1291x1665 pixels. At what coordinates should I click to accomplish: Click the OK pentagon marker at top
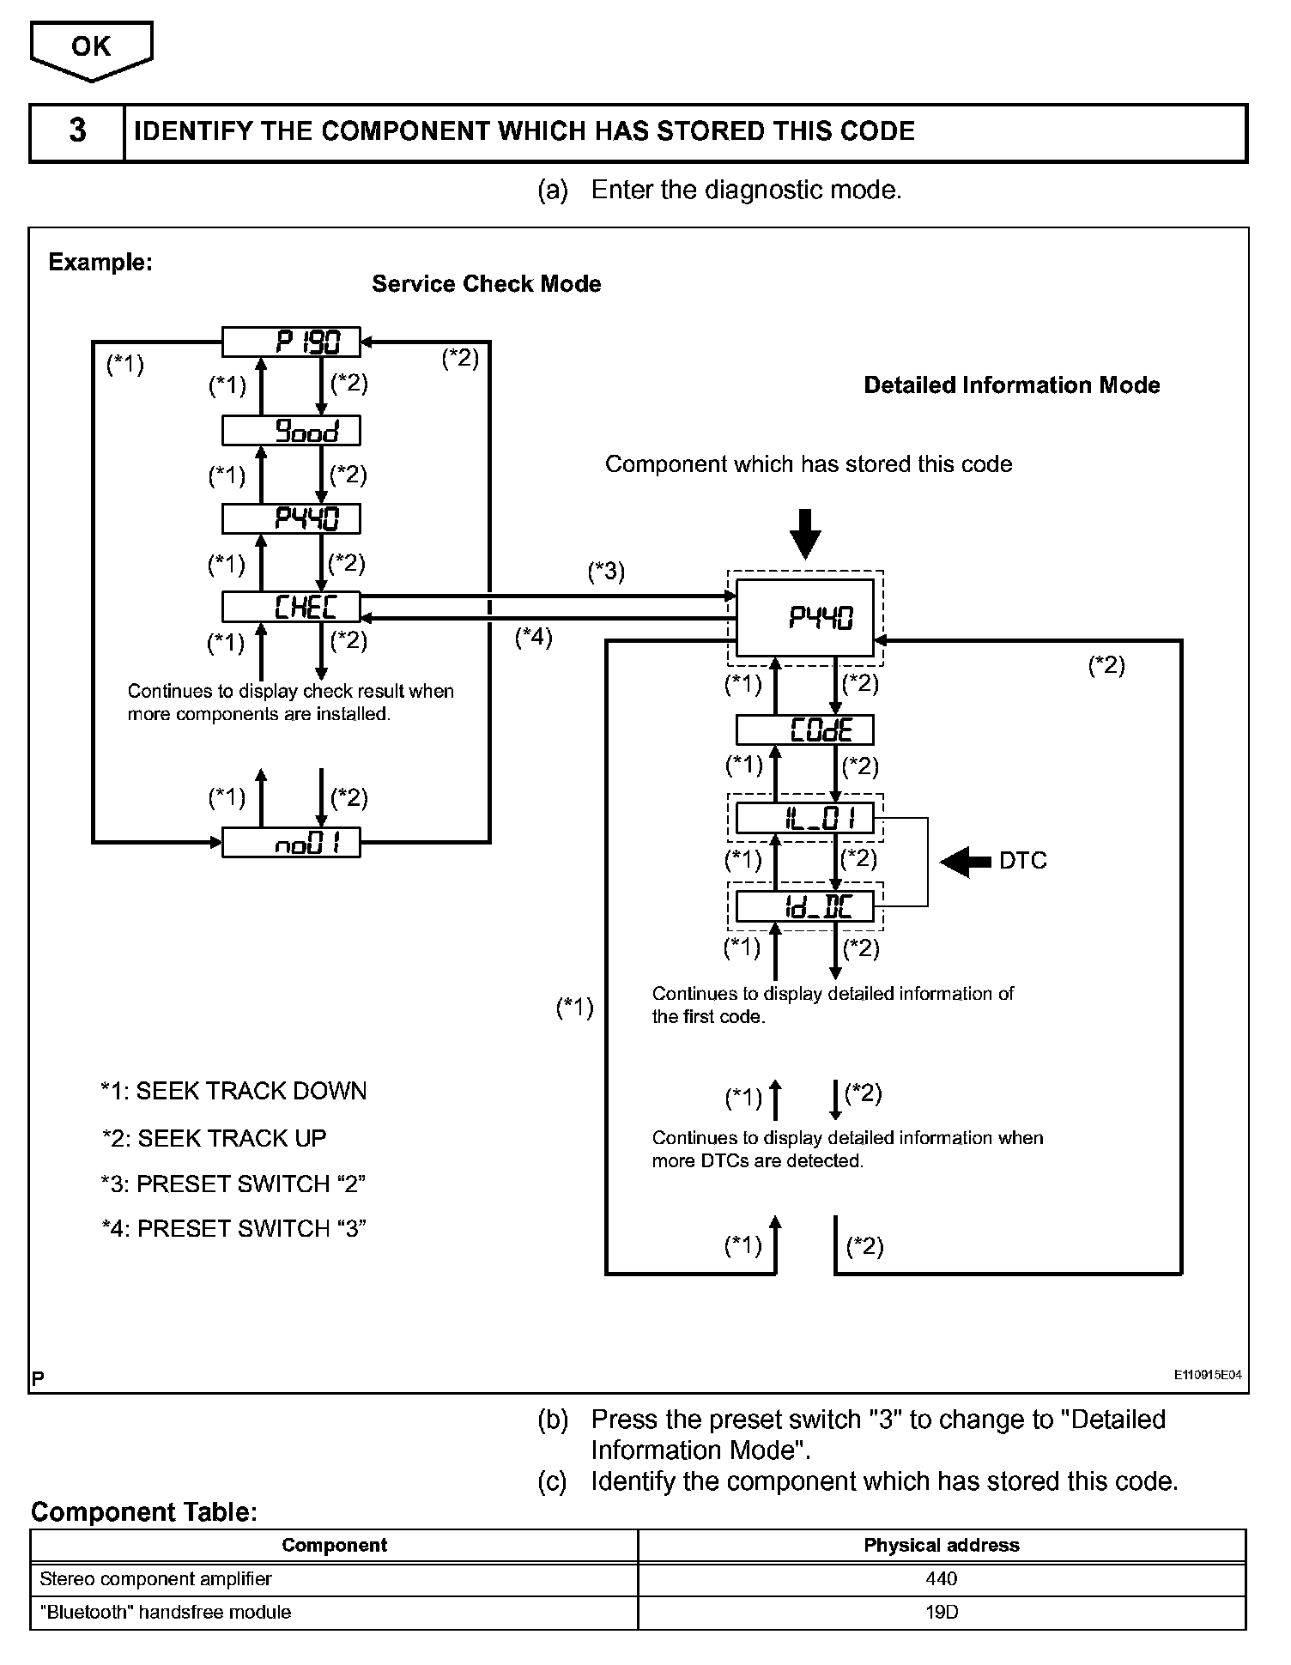pyautogui.click(x=91, y=49)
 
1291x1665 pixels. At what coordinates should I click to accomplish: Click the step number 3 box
pyautogui.click(x=77, y=132)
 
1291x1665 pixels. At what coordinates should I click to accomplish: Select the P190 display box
pyautogui.click(x=291, y=342)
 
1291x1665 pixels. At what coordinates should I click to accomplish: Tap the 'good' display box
pyautogui.click(x=291, y=431)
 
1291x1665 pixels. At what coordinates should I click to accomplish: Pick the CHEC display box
pyautogui.click(x=291, y=607)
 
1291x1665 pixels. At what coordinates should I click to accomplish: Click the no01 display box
pyautogui.click(x=291, y=843)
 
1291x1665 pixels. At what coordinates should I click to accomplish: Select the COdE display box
pyautogui.click(x=805, y=730)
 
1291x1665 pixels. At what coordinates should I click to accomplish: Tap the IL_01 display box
pyautogui.click(x=805, y=818)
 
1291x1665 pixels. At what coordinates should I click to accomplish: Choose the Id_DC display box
pyautogui.click(x=805, y=906)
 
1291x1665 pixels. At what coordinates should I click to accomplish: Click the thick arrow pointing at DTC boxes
pyautogui.click(x=967, y=861)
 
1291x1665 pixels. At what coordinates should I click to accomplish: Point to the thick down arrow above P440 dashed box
pyautogui.click(x=805, y=533)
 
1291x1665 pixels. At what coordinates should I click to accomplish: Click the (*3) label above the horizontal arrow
pyautogui.click(x=606, y=571)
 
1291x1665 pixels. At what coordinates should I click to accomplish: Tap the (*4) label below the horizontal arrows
pyautogui.click(x=533, y=637)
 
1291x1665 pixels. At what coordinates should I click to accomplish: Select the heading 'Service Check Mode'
pyautogui.click(x=486, y=284)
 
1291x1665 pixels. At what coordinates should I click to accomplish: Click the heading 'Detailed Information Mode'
pyautogui.click(x=1011, y=385)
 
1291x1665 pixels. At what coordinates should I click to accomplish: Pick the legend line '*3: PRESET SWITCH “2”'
pyautogui.click(x=233, y=1184)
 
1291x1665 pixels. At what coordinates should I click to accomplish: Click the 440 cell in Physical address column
pyautogui.click(x=942, y=1578)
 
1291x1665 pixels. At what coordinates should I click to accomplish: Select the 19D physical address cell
pyautogui.click(x=942, y=1612)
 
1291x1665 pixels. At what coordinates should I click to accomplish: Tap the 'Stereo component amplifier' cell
pyautogui.click(x=156, y=1578)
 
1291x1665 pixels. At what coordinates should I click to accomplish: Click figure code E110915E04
pyautogui.click(x=1208, y=1375)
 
